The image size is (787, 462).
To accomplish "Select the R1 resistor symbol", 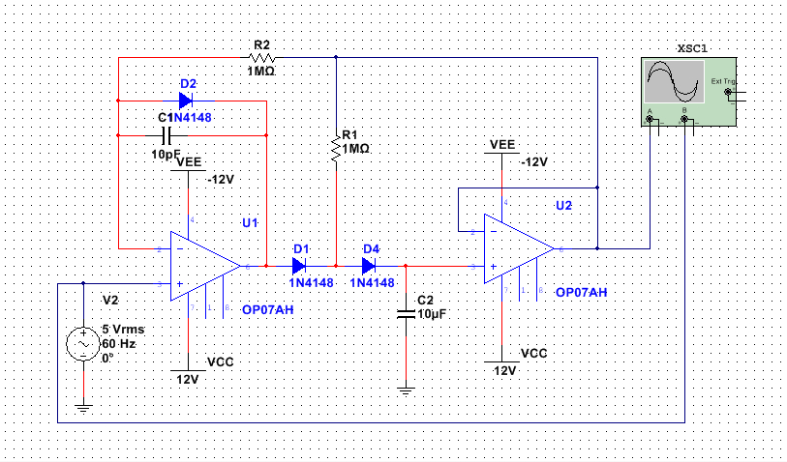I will (336, 148).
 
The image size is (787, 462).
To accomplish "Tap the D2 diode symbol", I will (187, 100).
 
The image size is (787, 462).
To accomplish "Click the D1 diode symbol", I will (300, 265).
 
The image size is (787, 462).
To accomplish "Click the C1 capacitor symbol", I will (164, 133).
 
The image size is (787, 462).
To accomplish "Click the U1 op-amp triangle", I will (204, 265).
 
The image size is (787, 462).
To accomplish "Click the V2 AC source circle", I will (83, 343).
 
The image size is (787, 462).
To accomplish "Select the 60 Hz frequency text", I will (117, 343).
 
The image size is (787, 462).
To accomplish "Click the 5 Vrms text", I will (122, 330).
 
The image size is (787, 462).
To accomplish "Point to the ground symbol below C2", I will (406, 390).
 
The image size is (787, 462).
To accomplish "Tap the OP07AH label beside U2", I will (582, 292).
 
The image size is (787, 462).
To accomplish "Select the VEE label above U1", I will (191, 162).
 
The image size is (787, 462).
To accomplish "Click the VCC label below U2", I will (533, 354).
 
